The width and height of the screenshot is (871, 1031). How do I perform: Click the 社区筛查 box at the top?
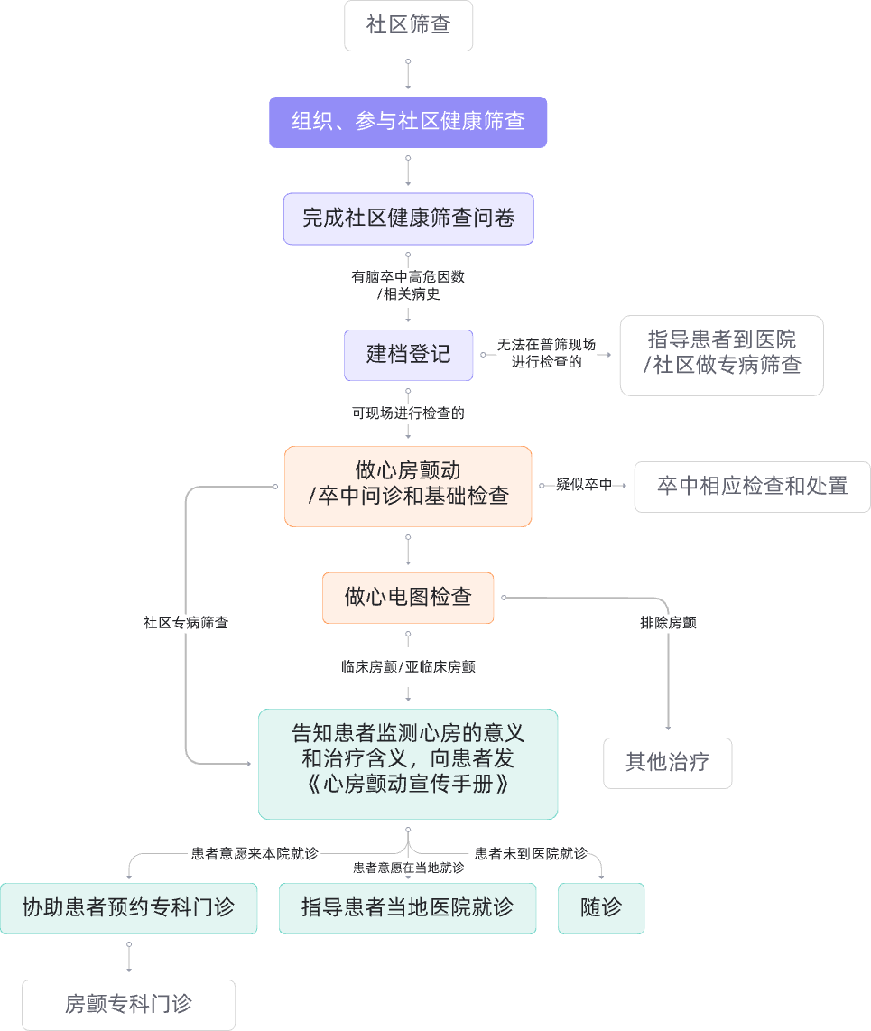coord(408,25)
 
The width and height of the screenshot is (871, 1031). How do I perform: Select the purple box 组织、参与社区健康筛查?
coord(408,122)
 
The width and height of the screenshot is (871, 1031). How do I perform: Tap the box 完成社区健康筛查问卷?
coord(408,218)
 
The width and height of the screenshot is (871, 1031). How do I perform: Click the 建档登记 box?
coord(408,354)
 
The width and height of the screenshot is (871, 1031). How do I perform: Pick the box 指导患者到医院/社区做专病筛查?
coord(721,355)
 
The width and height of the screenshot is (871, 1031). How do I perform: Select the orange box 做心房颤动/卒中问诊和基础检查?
coord(408,485)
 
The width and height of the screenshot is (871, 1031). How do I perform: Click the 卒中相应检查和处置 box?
coord(752,486)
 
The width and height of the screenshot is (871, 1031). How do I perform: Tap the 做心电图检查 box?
coord(408,597)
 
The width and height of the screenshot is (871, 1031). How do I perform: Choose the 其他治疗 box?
coord(667,763)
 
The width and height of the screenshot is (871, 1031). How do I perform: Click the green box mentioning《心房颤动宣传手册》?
coord(408,764)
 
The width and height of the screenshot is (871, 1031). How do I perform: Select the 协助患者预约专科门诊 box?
coord(128,908)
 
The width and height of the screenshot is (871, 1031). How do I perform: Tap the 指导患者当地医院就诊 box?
coord(407,908)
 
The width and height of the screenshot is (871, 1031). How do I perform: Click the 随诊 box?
coord(601,908)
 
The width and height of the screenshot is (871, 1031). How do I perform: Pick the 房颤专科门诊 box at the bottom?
coord(128,1005)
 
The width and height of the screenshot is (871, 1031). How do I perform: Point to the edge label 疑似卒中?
coord(583,486)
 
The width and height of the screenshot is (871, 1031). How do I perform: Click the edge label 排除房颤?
coord(668,623)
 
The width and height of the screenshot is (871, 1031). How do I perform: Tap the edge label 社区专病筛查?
coord(186,623)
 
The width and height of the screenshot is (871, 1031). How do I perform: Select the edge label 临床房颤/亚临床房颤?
coord(408,668)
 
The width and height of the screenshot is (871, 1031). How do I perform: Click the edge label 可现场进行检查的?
coord(408,413)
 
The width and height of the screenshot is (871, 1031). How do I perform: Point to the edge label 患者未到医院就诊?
coord(530,853)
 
